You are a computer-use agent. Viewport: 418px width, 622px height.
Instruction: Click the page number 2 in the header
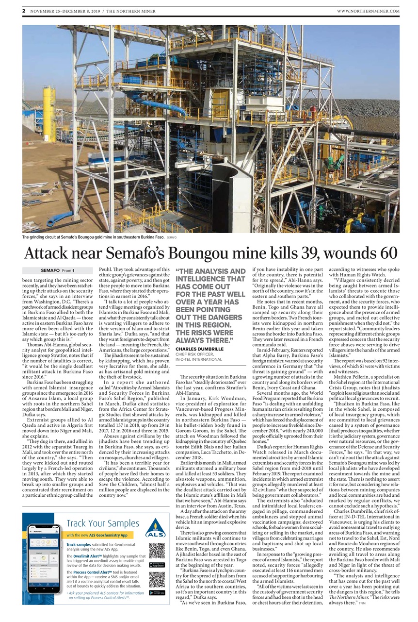click(x=23, y=11)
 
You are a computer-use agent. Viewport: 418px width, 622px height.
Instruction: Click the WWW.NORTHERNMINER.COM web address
click(x=368, y=11)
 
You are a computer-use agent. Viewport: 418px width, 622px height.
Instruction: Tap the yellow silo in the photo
click(x=49, y=114)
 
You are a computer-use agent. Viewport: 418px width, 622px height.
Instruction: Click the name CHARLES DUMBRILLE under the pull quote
click(x=200, y=349)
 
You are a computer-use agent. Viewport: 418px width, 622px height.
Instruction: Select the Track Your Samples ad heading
click(x=96, y=523)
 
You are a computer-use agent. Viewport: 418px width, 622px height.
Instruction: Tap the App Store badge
click(x=157, y=564)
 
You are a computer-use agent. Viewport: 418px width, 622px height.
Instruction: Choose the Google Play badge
click(x=157, y=593)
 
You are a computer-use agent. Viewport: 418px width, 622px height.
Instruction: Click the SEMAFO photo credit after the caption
click(x=172, y=238)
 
